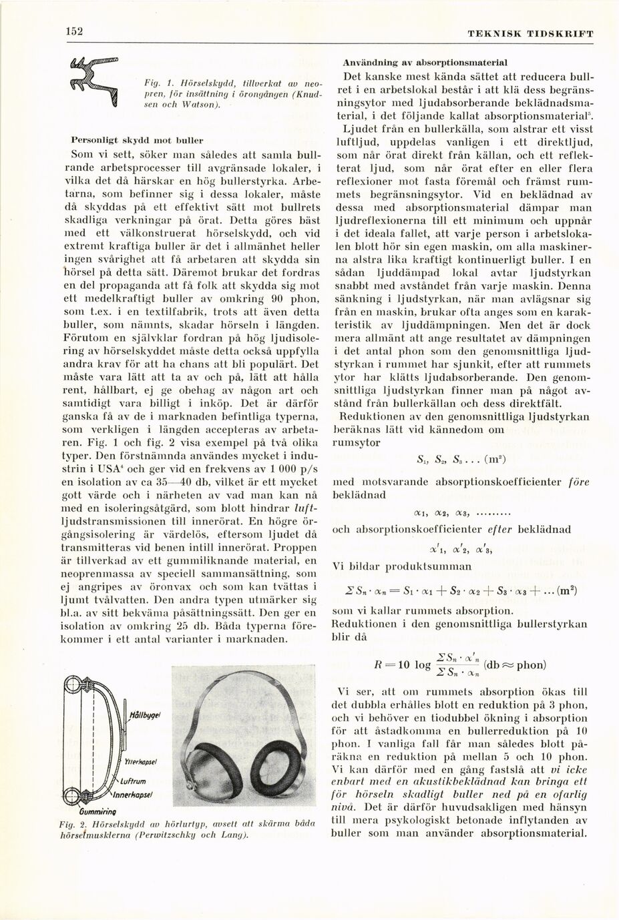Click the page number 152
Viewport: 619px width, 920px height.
[73, 32]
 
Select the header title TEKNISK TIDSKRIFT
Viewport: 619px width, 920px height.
[530, 33]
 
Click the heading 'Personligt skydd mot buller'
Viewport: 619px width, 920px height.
[137, 141]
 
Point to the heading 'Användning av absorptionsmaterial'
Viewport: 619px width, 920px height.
[425, 62]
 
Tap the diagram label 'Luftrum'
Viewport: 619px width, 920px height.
[134, 781]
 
